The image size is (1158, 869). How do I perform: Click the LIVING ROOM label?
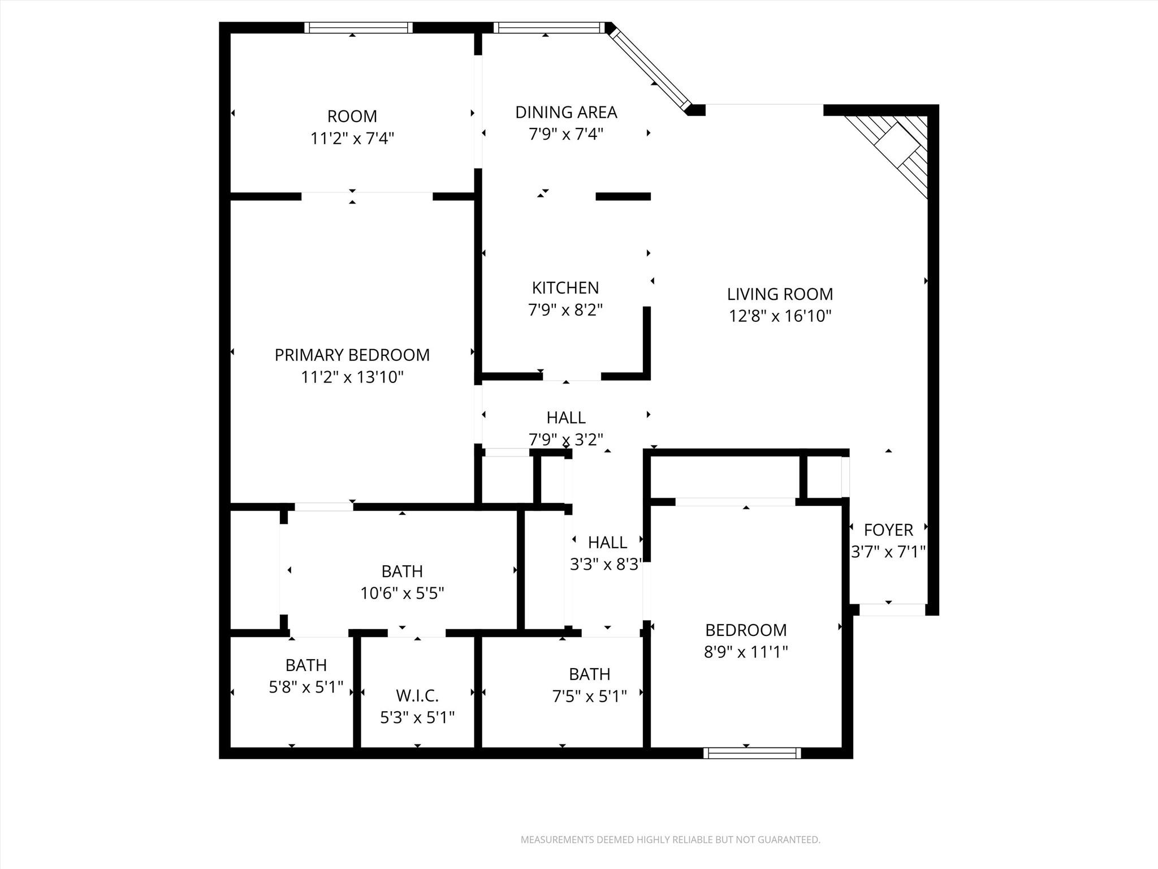780,294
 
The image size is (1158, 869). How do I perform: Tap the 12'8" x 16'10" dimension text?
780,316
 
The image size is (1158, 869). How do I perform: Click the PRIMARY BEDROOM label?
352,355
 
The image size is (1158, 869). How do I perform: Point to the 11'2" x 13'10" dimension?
352,377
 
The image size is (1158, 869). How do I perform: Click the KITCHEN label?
565,288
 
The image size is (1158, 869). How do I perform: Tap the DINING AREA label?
565,112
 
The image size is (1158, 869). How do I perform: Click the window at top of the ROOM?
358,28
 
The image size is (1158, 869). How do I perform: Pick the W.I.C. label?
417,695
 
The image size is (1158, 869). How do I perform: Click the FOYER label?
888,530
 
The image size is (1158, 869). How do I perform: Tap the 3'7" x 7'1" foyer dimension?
888,552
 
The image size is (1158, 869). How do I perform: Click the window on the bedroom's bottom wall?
752,752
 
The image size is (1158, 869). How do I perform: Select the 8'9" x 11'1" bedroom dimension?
745,652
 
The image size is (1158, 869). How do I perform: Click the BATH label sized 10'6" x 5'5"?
401,571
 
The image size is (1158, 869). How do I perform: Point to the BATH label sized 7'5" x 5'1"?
589,674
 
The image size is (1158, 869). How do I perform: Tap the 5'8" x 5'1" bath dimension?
306,687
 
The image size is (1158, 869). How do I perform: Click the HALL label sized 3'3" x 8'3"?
607,543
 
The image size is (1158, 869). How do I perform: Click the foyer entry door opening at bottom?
892,610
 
